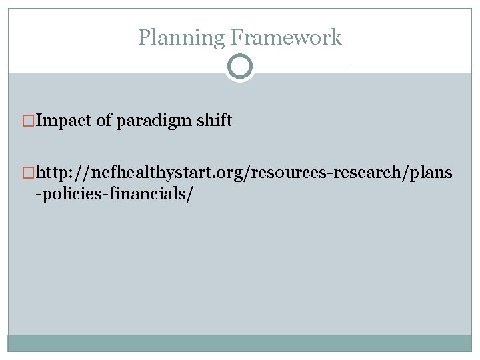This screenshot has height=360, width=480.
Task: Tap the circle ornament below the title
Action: (240, 67)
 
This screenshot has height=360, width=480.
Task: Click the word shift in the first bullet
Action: (215, 121)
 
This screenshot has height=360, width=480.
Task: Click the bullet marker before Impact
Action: (28, 121)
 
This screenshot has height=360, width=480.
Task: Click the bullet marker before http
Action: (28, 174)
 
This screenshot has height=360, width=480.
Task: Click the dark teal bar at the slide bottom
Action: (240, 343)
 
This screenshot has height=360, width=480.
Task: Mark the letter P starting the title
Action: (143, 37)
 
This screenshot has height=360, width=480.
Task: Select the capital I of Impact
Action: (39, 121)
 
